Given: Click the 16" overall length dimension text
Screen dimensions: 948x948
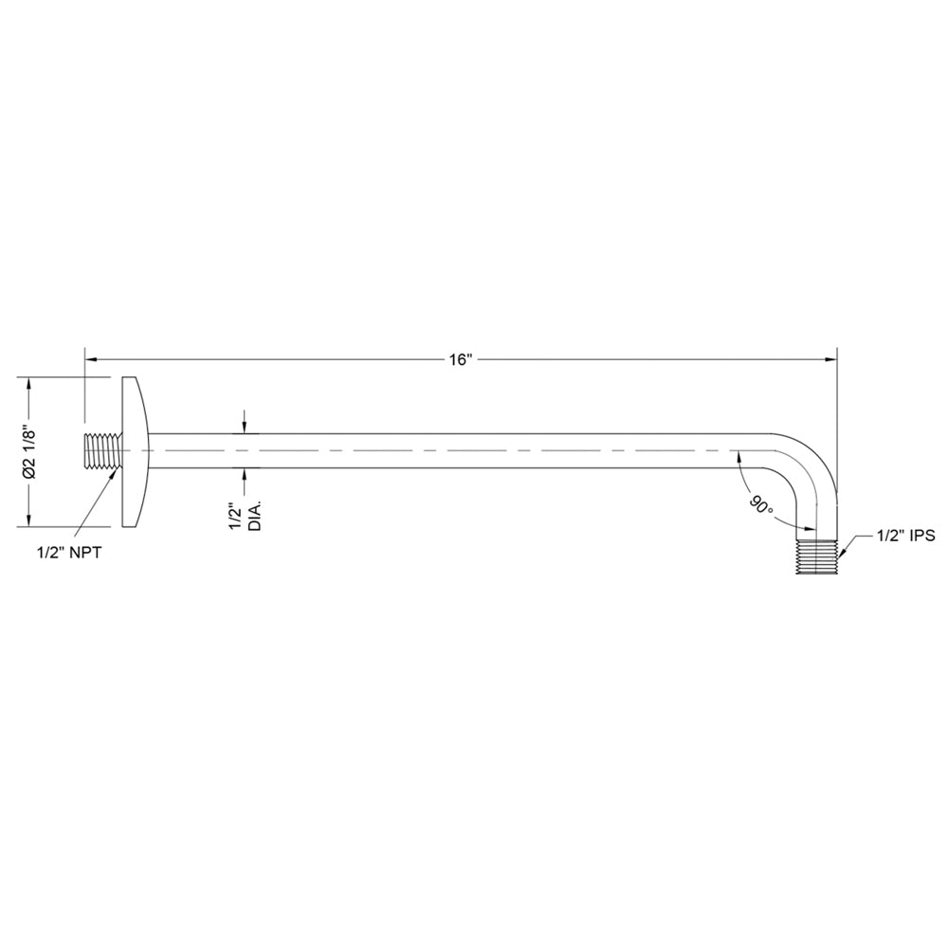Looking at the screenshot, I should [x=461, y=360].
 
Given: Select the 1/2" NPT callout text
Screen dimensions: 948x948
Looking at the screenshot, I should [x=69, y=553].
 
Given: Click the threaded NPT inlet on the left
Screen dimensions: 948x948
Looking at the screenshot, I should [x=102, y=450].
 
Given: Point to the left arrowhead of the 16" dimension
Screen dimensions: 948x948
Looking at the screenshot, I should [x=93, y=359].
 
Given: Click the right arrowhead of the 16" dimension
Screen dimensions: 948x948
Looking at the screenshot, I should [x=831, y=359].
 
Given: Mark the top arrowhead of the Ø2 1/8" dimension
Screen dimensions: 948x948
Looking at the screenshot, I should [x=30, y=383].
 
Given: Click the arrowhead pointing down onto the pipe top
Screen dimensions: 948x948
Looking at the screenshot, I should [x=244, y=427].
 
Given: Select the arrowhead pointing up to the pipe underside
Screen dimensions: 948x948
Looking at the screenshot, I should [x=244, y=473].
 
